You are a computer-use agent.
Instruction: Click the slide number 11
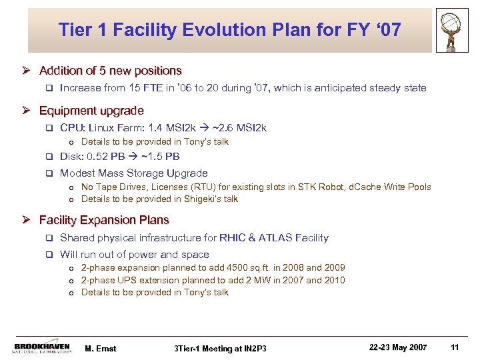[x=455, y=347]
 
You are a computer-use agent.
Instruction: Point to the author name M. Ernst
[x=101, y=348]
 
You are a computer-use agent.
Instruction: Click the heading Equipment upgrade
[x=91, y=111]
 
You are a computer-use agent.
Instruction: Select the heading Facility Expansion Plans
[x=104, y=220]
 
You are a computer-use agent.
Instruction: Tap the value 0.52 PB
[x=104, y=157]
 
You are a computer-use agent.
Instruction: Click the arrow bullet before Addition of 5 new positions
[x=30, y=71]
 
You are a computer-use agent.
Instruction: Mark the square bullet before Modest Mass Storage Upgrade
[x=48, y=173]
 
